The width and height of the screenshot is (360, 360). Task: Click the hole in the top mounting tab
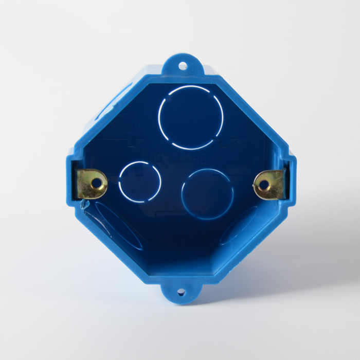[x=182, y=65]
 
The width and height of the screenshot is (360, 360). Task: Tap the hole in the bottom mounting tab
[x=181, y=292]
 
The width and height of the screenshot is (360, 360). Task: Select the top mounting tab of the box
[x=183, y=63]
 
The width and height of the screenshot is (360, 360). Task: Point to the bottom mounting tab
[x=181, y=293]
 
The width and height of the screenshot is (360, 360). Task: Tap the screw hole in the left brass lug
[x=96, y=182]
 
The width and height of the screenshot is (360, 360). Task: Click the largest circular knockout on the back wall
[x=191, y=117]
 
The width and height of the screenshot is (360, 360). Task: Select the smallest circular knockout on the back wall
[x=139, y=182]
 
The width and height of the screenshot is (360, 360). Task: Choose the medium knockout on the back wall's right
[x=207, y=194]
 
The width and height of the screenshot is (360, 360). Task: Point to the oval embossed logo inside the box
[x=126, y=123]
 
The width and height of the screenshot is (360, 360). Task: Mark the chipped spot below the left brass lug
[x=82, y=206]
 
